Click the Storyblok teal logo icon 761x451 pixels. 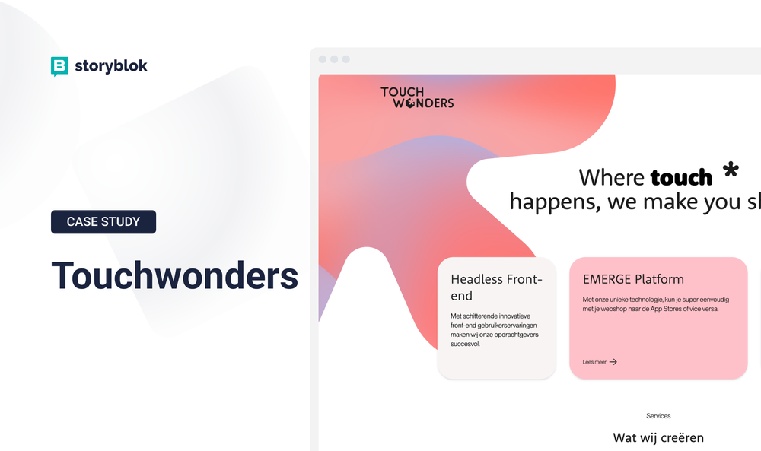click(59, 66)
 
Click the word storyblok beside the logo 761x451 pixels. click(111, 66)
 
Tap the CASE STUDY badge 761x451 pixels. click(103, 222)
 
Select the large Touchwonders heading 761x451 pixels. click(174, 275)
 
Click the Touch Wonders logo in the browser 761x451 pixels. click(417, 97)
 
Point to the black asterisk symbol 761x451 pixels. click(731, 170)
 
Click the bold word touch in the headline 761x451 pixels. click(681, 178)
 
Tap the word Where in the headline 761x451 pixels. click(611, 178)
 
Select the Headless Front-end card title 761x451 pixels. click(496, 287)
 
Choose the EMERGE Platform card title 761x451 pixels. click(633, 279)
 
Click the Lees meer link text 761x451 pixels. click(594, 362)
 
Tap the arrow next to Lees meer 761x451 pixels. click(613, 362)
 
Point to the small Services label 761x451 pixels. click(658, 416)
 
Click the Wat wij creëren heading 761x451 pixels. click(658, 437)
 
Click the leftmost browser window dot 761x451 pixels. click(323, 59)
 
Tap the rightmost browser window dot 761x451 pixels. click(345, 59)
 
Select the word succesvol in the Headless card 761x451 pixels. click(466, 344)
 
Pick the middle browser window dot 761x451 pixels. click(334, 59)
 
